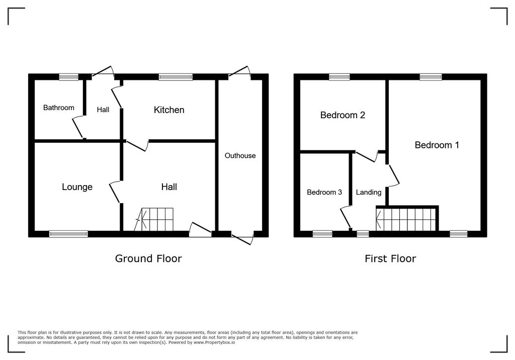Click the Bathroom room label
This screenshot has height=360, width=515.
58,108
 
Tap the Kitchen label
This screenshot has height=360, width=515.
169,110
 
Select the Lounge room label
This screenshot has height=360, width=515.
77,187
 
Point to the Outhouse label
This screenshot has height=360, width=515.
240,156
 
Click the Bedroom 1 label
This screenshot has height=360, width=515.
437,145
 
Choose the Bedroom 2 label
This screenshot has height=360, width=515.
342,115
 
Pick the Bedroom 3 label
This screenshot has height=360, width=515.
324,192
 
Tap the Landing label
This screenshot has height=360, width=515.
368,192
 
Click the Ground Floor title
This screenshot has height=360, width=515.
148,258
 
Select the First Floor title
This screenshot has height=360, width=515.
390,258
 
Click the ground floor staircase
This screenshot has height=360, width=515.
155,220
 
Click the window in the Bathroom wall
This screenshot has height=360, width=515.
68,77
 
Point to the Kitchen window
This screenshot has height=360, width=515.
176,77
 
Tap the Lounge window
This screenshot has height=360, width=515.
68,234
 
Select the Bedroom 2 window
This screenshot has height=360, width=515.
339,77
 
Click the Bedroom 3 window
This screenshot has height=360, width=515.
322,234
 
